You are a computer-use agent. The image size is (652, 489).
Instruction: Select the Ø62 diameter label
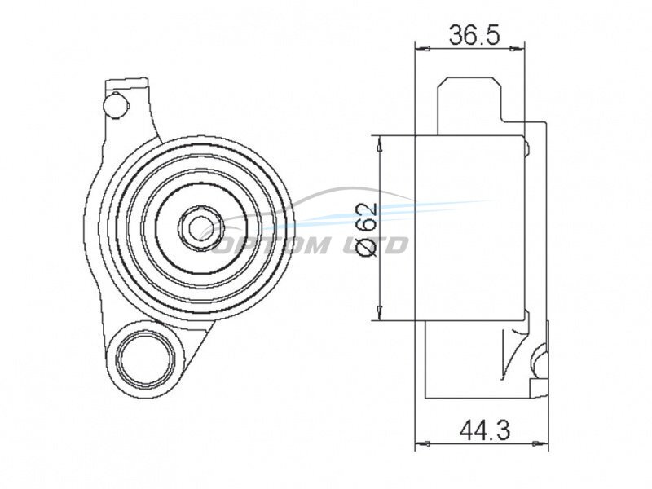[367, 230]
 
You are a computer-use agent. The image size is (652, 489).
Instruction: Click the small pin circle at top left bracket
[114, 104]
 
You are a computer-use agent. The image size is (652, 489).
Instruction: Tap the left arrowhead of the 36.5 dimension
[421, 49]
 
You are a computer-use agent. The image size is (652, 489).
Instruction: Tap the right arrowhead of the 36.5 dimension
[518, 49]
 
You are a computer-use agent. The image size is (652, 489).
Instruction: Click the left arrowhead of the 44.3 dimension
[422, 443]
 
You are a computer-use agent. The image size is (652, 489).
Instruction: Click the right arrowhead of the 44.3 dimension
[541, 443]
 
